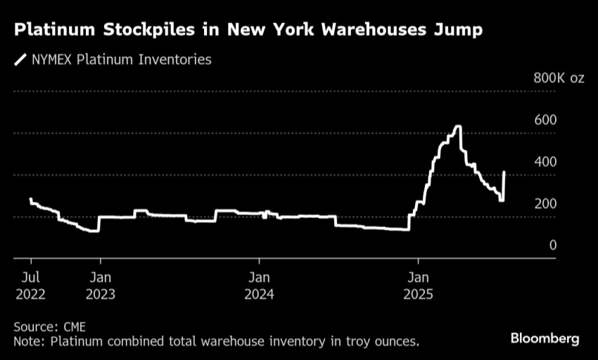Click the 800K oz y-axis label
[559, 78]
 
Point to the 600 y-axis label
[546, 120]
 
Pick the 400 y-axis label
[546, 162]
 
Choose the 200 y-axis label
[546, 204]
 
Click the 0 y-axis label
[552, 245]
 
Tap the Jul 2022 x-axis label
[30, 285]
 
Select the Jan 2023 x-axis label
[100, 285]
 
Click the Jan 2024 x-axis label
[259, 285]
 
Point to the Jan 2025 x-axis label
[419, 285]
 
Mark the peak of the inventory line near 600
[458, 127]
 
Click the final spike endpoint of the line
[504, 172]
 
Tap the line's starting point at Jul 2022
[30, 199]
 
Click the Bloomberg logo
[545, 339]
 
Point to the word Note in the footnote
[27, 342]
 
